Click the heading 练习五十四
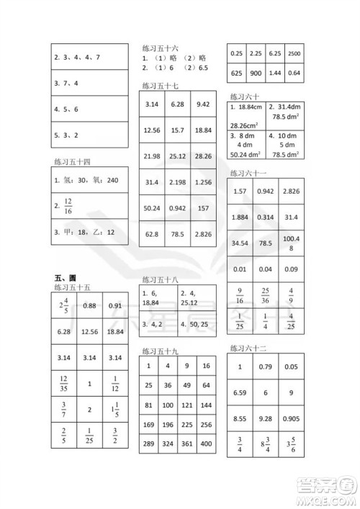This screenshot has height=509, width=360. point(72,160)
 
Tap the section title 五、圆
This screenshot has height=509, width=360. point(66,278)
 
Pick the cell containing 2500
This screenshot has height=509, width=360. point(294,53)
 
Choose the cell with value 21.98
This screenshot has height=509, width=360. point(152,156)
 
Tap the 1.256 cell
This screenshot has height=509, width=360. point(203,182)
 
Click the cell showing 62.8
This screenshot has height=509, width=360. point(152,234)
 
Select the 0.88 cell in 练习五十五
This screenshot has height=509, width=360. point(89,306)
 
